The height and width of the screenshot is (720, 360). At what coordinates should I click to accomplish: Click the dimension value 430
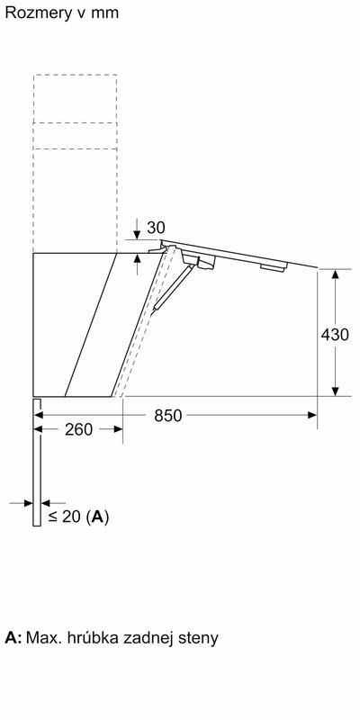[335, 335]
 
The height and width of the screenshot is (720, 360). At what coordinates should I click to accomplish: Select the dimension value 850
[168, 416]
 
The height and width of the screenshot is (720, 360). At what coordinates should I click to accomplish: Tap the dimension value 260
[79, 430]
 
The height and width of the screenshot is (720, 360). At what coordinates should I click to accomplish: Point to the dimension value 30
[156, 228]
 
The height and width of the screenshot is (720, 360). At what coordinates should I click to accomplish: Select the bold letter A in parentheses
[97, 517]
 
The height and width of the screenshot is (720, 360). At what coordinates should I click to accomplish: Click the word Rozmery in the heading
[33, 13]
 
